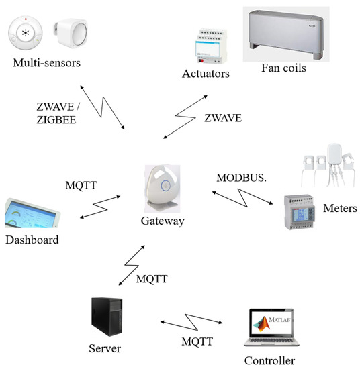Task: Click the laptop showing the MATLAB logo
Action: [271, 327]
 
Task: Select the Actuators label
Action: [205, 72]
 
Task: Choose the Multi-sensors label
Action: [46, 63]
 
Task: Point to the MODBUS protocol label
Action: [242, 178]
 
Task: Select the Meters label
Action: [339, 209]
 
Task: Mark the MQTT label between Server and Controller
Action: [198, 341]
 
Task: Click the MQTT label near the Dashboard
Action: [82, 184]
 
